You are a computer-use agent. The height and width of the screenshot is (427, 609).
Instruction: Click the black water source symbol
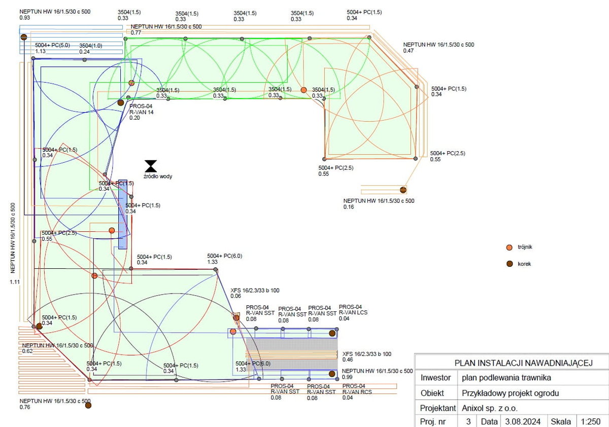(151, 166)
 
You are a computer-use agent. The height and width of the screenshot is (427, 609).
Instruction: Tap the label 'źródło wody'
(158, 176)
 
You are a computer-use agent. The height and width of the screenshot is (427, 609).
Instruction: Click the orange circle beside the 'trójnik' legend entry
(510, 247)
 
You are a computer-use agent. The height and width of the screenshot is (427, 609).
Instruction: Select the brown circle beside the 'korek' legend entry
(510, 264)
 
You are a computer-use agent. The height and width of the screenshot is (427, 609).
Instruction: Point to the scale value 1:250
(590, 421)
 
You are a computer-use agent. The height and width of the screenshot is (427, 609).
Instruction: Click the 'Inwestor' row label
(436, 378)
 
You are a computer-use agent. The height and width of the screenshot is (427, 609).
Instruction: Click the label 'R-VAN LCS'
(353, 313)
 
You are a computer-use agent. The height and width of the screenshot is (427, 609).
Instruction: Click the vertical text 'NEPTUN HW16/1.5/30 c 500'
(13, 238)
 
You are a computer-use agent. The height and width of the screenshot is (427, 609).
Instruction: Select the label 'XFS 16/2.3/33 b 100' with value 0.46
(367, 354)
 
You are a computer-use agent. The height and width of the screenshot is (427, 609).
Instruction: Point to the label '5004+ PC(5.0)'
(52, 46)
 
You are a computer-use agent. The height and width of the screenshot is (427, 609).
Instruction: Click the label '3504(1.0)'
(91, 46)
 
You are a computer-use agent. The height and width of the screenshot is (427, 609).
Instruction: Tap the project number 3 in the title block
(468, 421)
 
